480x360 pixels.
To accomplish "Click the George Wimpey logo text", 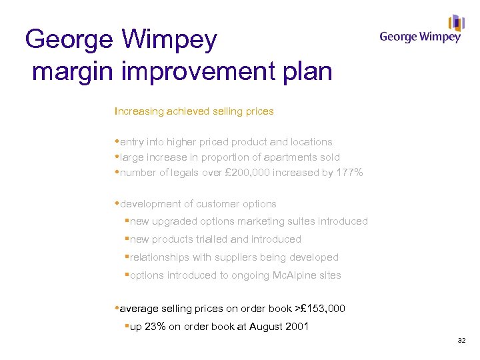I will click(x=420, y=37).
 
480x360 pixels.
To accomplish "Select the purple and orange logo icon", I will click(x=456, y=23).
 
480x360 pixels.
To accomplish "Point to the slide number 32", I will click(x=461, y=341).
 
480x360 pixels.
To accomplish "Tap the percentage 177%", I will click(x=349, y=173).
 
